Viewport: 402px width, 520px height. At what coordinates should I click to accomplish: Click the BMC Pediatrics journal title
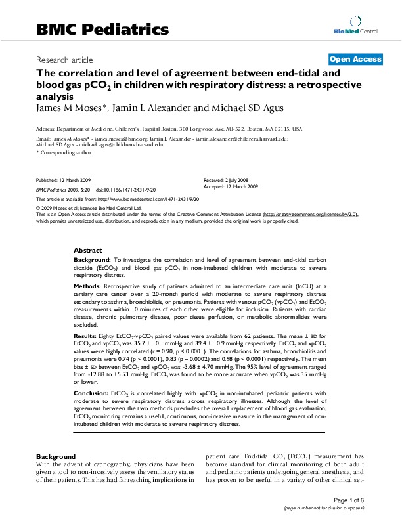(102, 30)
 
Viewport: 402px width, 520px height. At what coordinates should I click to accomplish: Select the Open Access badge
(355, 59)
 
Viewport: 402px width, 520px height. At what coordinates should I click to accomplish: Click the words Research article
(64, 60)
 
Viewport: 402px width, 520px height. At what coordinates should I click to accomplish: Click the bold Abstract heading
(87, 251)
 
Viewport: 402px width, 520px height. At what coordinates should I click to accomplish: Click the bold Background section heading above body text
(56, 456)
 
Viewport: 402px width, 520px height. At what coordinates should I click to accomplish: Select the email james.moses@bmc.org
(125, 139)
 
